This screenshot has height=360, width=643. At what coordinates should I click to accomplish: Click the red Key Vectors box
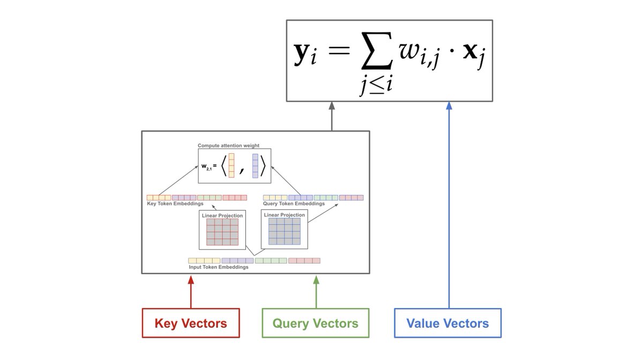click(x=191, y=323)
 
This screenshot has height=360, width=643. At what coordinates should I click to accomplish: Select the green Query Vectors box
click(x=316, y=323)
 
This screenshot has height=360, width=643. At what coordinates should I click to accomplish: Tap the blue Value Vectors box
click(x=447, y=323)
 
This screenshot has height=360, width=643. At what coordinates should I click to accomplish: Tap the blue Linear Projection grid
click(x=285, y=231)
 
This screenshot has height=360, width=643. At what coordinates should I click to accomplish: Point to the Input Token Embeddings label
click(x=218, y=267)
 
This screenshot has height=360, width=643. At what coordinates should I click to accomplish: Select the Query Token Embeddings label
click(x=294, y=204)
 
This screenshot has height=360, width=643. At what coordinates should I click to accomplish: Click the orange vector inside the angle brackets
click(x=231, y=165)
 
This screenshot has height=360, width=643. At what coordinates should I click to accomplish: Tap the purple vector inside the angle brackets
click(x=256, y=165)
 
